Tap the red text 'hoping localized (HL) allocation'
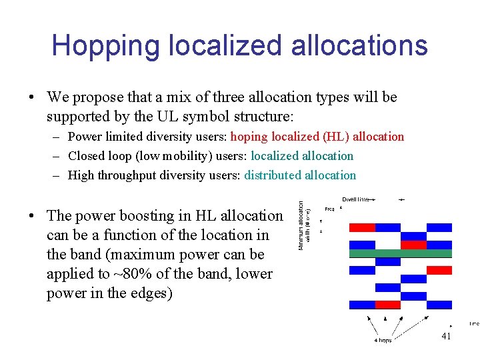pos(317,137)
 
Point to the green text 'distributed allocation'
pos(300,175)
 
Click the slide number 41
pos(446,336)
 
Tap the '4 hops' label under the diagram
pos(383,341)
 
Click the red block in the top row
pos(362,227)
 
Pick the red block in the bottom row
pos(387,305)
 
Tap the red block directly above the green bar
pos(413,245)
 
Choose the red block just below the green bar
pos(439,270)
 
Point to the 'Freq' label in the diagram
pos(329,209)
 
